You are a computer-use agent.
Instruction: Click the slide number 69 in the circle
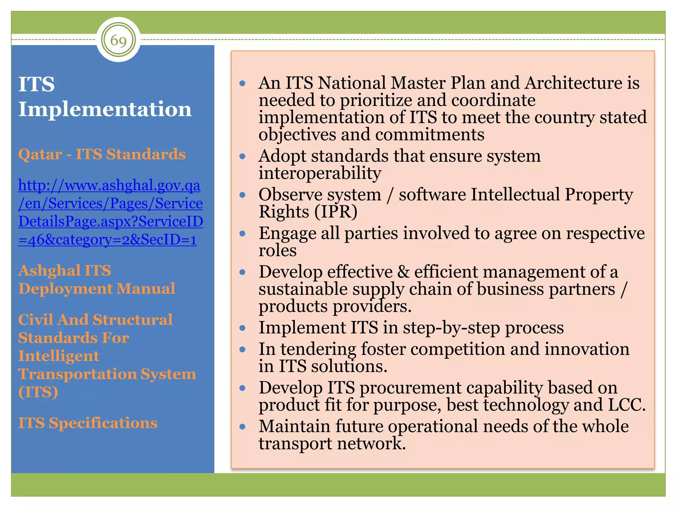click(118, 40)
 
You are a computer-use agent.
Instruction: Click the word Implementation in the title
click(105, 109)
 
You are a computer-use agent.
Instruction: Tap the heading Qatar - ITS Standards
click(102, 154)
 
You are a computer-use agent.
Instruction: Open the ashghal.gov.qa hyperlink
click(110, 212)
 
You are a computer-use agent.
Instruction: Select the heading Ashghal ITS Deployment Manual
click(97, 279)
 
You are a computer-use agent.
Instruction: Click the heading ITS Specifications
click(88, 423)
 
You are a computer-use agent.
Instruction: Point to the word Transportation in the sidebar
click(77, 374)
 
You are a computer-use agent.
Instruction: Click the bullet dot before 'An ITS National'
click(243, 83)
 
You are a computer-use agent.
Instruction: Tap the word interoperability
click(320, 173)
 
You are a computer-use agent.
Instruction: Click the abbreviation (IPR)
click(336, 212)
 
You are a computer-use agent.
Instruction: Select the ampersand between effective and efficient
click(403, 272)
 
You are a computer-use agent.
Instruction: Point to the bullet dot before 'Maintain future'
click(243, 427)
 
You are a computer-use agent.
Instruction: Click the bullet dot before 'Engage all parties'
click(243, 234)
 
